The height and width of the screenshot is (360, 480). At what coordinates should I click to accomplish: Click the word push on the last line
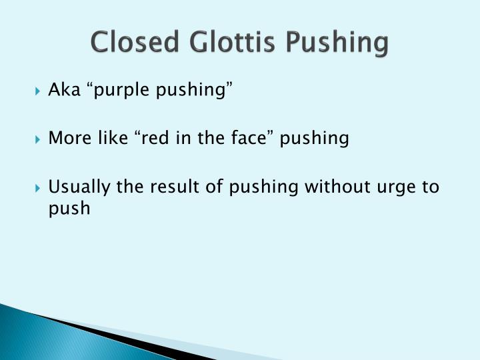click(69, 209)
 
